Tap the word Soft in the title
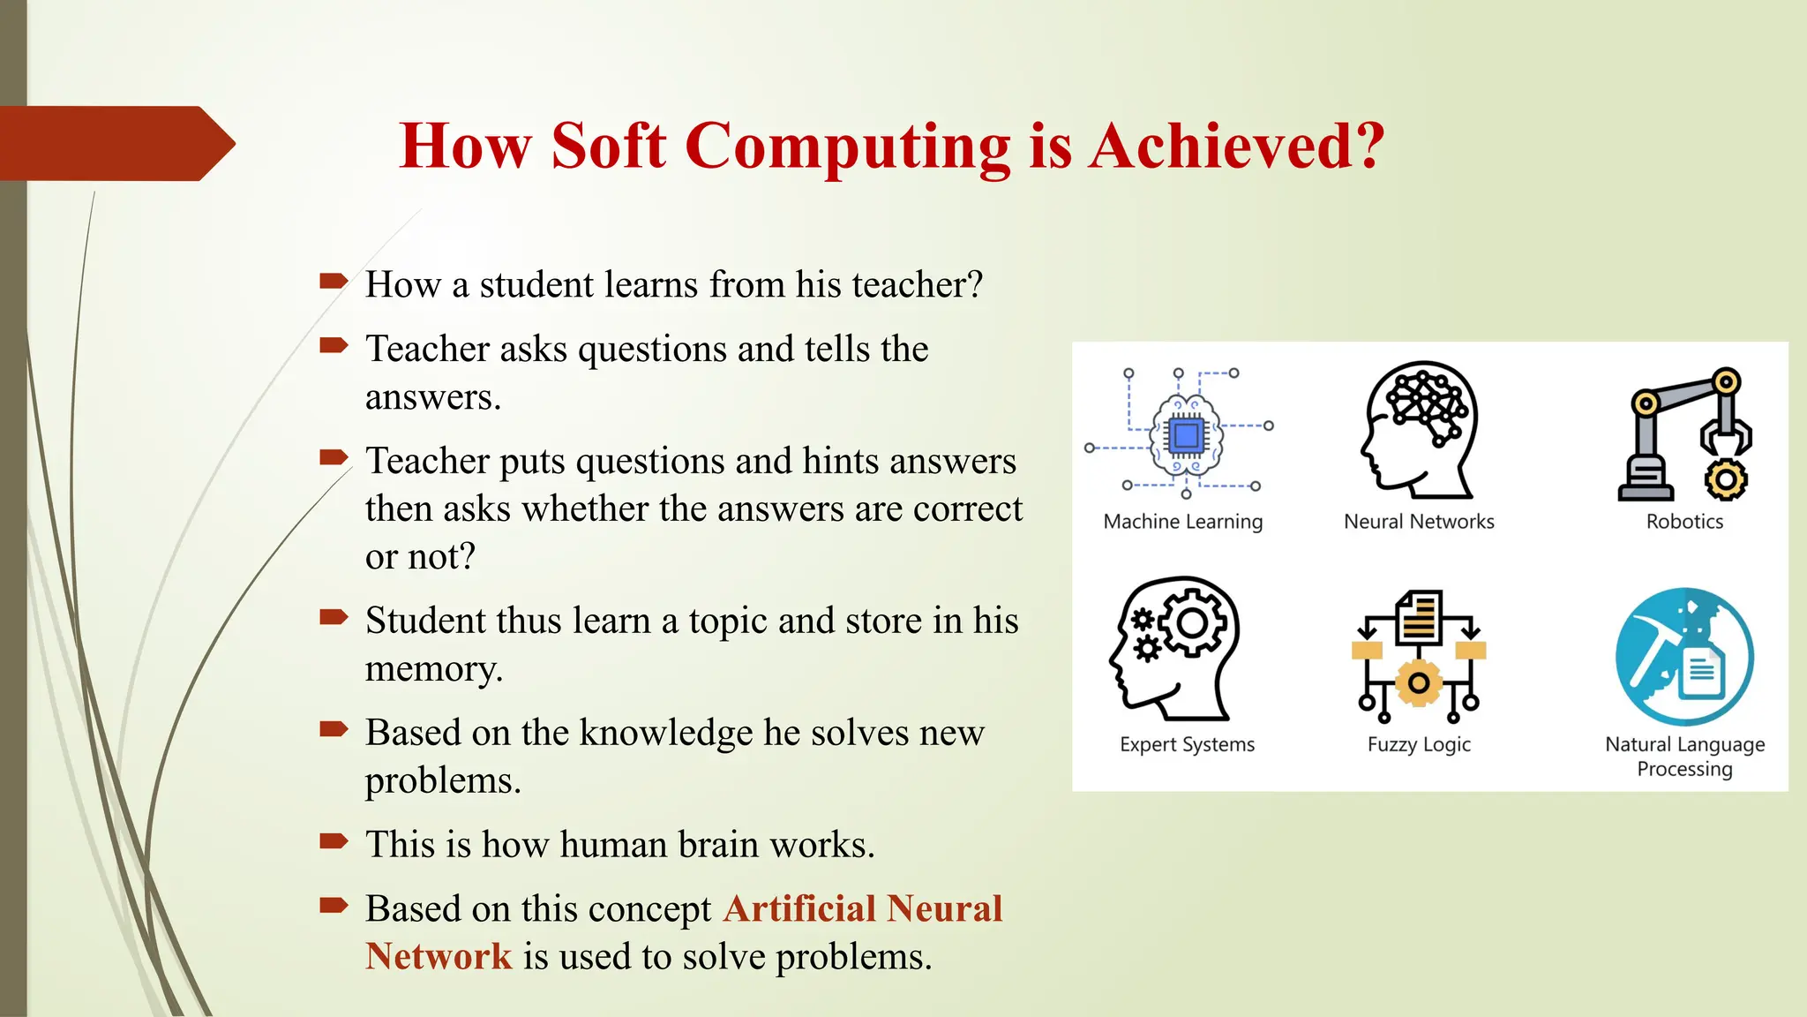pyautogui.click(x=608, y=146)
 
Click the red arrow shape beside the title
pyautogui.click(x=115, y=143)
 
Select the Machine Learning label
pyautogui.click(x=1182, y=522)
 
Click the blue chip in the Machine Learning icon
pyautogui.click(x=1186, y=435)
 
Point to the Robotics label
pyautogui.click(x=1684, y=522)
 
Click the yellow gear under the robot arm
pyautogui.click(x=1725, y=480)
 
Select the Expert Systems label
pyautogui.click(x=1187, y=744)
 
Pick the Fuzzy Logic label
pyautogui.click(x=1419, y=744)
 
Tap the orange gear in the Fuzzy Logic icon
pyautogui.click(x=1419, y=682)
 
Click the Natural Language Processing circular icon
pyautogui.click(x=1684, y=657)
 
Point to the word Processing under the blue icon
pyautogui.click(x=1684, y=769)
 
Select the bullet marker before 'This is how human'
pyautogui.click(x=334, y=840)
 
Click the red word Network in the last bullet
pyautogui.click(x=439, y=957)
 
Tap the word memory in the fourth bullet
pyautogui.click(x=432, y=669)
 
